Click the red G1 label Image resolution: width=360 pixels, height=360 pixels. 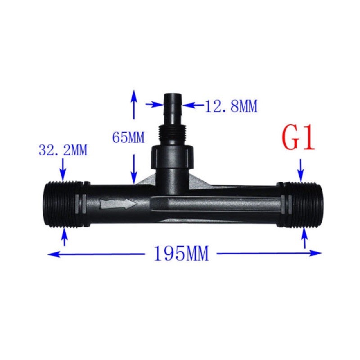(297, 139)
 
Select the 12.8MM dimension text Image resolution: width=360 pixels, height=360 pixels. (231, 107)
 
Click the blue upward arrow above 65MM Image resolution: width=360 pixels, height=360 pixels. (134, 103)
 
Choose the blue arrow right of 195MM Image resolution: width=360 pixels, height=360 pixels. (270, 253)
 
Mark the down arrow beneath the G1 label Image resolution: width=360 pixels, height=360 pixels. (301, 171)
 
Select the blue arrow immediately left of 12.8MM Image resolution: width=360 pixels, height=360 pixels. (153, 104)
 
